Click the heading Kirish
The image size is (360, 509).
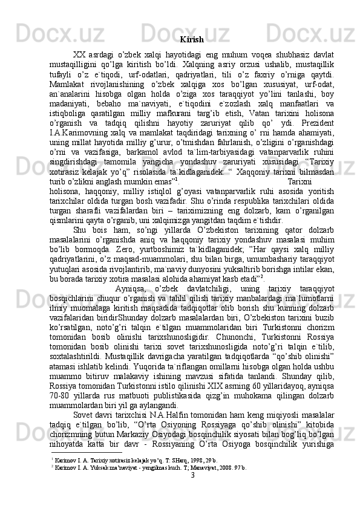point(191,40)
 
